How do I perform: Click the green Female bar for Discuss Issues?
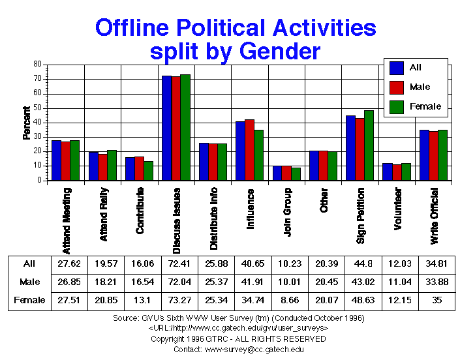(x=185, y=128)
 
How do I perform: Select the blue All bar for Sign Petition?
(x=350, y=148)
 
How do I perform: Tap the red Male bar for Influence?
(x=249, y=150)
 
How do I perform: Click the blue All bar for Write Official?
(x=424, y=155)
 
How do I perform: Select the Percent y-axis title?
(x=27, y=123)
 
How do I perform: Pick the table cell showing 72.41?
(x=175, y=264)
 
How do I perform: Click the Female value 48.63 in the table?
(x=359, y=300)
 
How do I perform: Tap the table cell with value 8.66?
(x=285, y=300)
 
